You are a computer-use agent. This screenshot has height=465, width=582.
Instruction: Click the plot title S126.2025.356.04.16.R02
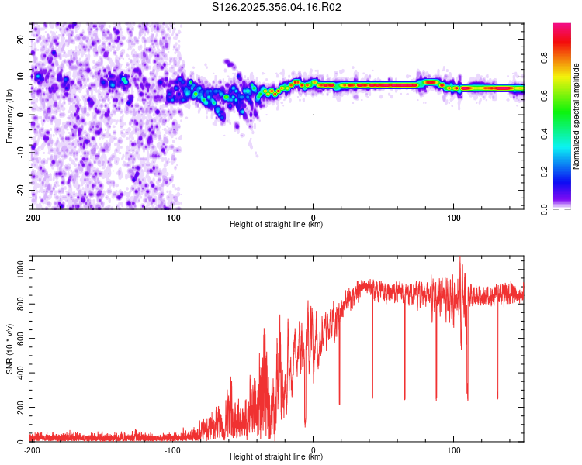point(276,7)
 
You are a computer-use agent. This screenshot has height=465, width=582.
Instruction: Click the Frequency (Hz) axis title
point(9,116)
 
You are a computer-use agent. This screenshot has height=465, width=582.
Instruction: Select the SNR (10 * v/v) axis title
point(9,349)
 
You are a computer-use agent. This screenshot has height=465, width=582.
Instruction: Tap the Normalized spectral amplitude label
point(576,116)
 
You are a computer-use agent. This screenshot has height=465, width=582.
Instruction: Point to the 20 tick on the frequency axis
point(21,39)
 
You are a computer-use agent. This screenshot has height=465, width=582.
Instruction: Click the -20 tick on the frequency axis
point(21,190)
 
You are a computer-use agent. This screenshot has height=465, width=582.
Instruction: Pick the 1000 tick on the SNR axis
point(21,270)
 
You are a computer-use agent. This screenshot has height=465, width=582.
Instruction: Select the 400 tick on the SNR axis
point(21,373)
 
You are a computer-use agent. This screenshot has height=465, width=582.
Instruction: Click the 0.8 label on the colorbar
point(544,58)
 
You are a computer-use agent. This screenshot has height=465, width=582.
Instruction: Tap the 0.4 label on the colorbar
point(544,133)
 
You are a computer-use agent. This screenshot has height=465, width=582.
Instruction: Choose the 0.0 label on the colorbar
point(544,209)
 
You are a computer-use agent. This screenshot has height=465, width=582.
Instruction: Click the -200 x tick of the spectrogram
point(32,218)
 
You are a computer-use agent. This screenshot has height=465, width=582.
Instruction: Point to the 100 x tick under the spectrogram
point(453,218)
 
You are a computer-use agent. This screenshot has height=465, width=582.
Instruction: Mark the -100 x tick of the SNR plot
point(172,450)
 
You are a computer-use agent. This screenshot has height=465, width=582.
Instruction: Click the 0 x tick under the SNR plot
point(313,450)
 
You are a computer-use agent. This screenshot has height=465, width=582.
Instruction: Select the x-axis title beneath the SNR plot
point(276,456)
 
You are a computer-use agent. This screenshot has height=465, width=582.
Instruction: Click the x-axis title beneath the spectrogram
point(276,224)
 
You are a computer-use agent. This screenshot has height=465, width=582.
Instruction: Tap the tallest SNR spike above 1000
point(460,257)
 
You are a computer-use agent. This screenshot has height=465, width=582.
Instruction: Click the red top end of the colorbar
point(562,26)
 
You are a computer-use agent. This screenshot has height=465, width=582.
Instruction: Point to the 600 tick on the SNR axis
point(21,338)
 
